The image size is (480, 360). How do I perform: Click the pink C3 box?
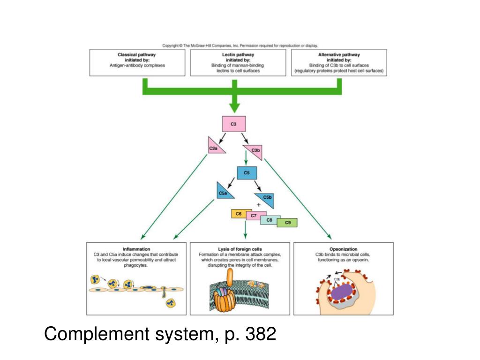pyautogui.click(x=233, y=124)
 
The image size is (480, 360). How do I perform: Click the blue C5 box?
pyautogui.click(x=247, y=173)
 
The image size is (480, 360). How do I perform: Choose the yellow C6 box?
pyautogui.click(x=239, y=214)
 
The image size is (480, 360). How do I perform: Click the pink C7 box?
pyautogui.click(x=254, y=216)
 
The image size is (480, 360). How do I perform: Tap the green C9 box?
pyautogui.click(x=287, y=222)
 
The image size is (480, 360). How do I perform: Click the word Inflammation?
pyautogui.click(x=136, y=249)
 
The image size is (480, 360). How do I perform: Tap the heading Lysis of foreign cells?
pyautogui.click(x=240, y=249)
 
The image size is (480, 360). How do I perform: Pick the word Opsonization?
pyautogui.click(x=343, y=249)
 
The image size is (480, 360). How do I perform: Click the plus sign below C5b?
pyautogui.click(x=259, y=205)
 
